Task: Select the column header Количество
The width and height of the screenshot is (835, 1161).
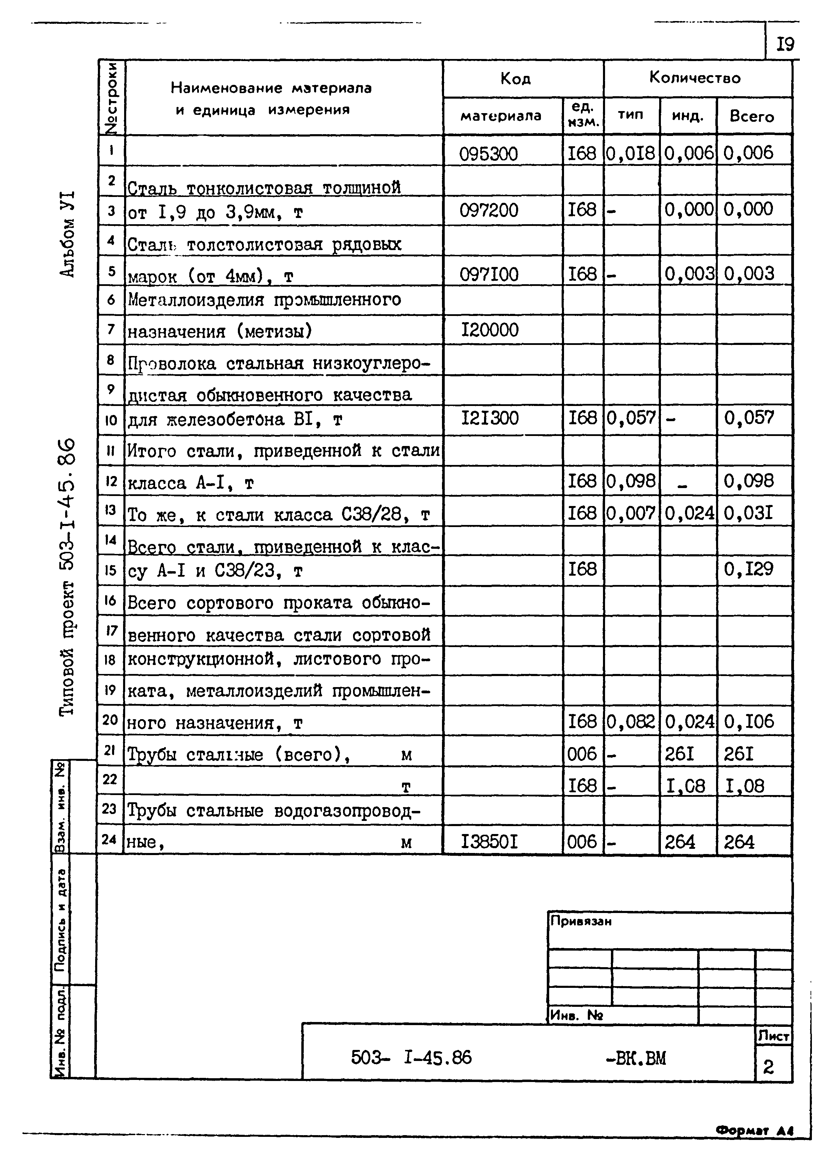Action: pyautogui.click(x=695, y=78)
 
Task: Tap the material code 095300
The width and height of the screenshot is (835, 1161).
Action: pyautogui.click(x=488, y=153)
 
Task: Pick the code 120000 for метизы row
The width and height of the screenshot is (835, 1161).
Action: pyautogui.click(x=490, y=330)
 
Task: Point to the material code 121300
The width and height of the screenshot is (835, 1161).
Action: pyautogui.click(x=490, y=418)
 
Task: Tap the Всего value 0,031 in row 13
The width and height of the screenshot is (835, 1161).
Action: pyautogui.click(x=748, y=513)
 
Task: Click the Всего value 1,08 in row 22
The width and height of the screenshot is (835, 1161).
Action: pyautogui.click(x=744, y=785)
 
